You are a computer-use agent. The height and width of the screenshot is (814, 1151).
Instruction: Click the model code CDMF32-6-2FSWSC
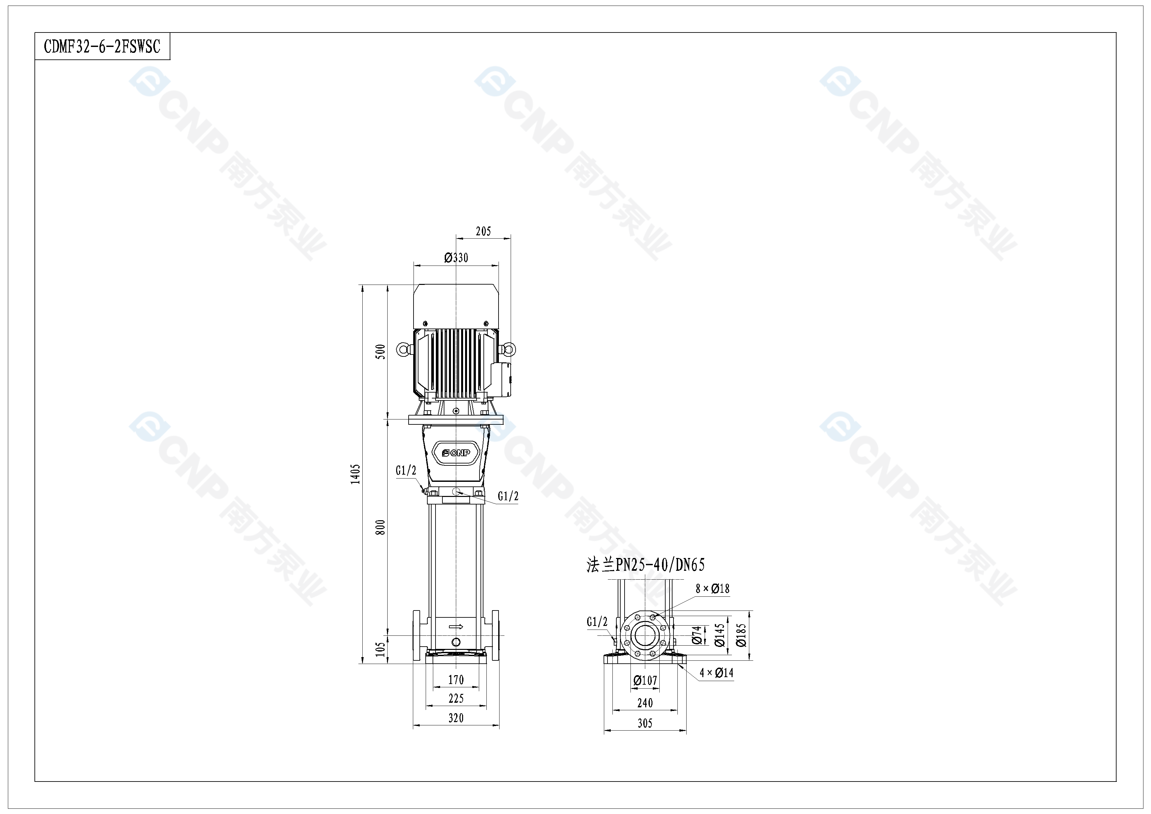coord(102,47)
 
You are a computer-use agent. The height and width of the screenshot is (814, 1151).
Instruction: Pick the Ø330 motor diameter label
coord(456,258)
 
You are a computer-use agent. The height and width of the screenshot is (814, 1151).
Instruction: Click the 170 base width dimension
coord(456,680)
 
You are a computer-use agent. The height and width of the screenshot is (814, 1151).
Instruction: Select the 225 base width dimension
coord(456,698)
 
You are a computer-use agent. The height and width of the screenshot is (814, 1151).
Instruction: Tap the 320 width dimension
coord(456,718)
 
